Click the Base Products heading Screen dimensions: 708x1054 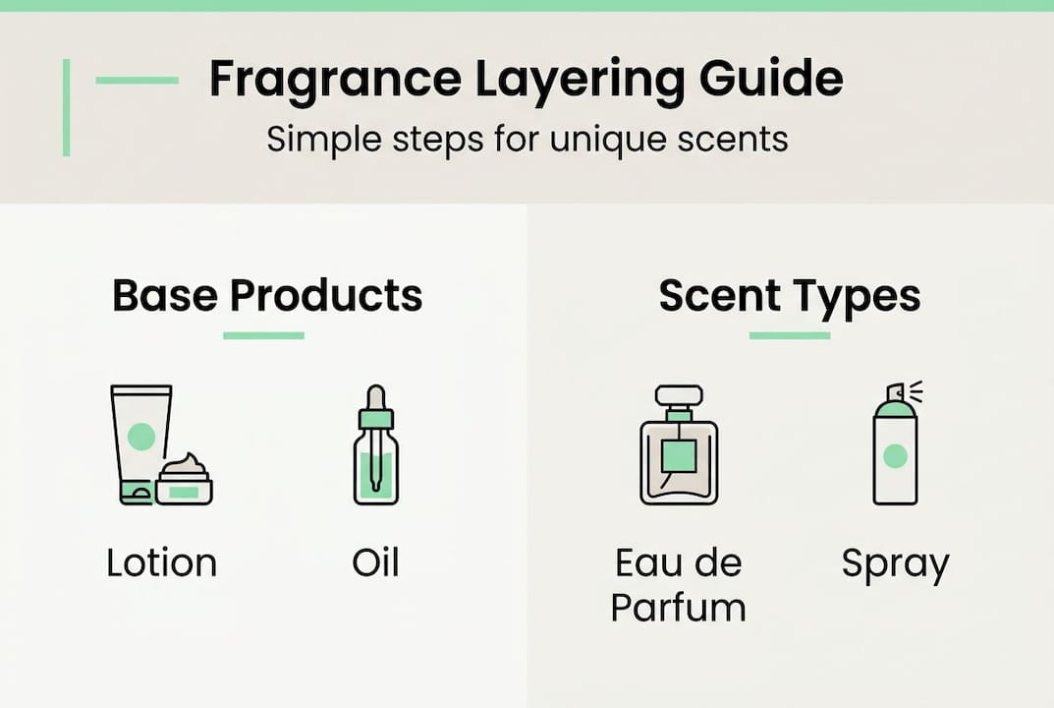click(x=267, y=295)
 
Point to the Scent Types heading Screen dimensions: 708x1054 click(x=790, y=295)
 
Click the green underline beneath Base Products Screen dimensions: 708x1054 click(x=263, y=336)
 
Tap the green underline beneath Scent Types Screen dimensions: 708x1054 click(x=790, y=336)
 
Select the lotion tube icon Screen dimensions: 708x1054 click(x=139, y=442)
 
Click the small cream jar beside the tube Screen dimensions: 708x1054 click(x=185, y=480)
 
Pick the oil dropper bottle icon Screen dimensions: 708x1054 click(x=375, y=447)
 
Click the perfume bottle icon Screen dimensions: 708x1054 click(x=678, y=447)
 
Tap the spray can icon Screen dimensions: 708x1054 click(x=895, y=447)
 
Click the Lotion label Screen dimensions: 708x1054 click(x=161, y=563)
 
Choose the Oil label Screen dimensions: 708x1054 click(x=375, y=563)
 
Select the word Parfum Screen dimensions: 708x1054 click(x=678, y=607)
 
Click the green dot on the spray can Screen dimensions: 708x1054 click(x=895, y=455)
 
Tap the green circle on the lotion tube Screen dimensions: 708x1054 click(x=141, y=436)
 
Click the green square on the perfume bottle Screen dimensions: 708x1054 click(x=678, y=454)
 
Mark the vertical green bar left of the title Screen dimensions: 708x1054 click(x=67, y=107)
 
